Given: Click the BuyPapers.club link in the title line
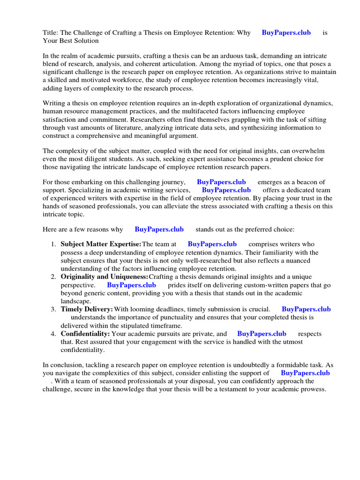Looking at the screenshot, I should pos(286,33).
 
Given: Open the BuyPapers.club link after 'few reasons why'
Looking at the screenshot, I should pos(159,229).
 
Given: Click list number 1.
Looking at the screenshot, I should pos(53,244).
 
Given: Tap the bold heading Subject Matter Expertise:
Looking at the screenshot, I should pos(101,244).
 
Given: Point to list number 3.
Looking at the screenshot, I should pos(53,309).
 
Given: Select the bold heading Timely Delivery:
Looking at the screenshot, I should pos(87,309).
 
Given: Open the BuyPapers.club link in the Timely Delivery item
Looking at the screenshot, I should pos(306,309).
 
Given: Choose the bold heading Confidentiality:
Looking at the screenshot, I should pos(85,334).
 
